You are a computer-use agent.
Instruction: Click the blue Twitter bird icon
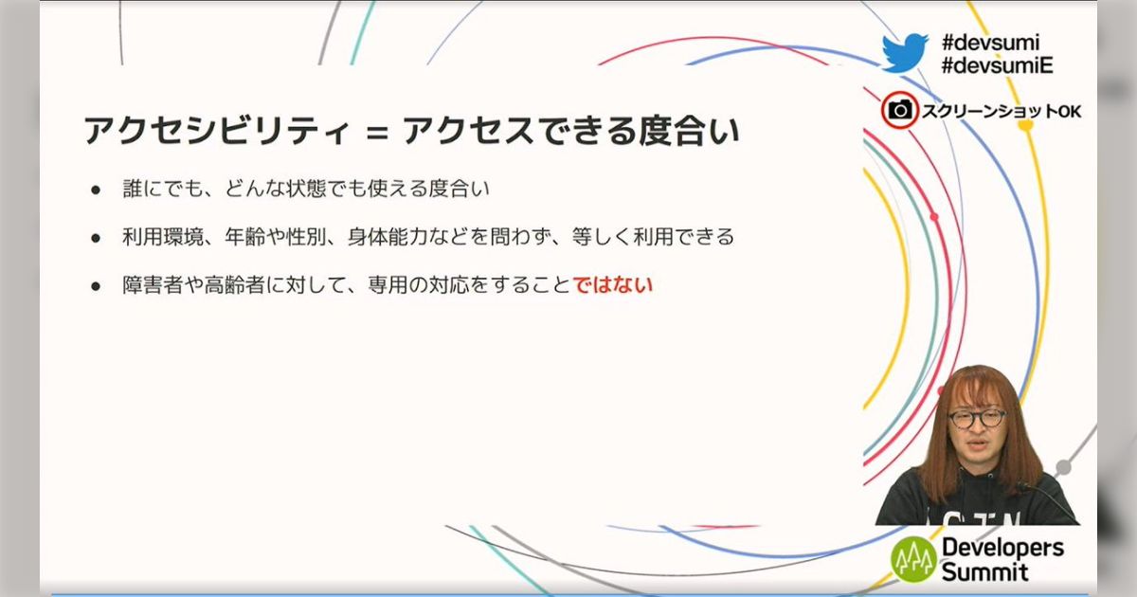(904, 53)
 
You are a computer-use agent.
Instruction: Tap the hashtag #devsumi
(990, 42)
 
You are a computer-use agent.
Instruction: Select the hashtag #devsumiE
(998, 65)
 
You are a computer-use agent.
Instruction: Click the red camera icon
(899, 111)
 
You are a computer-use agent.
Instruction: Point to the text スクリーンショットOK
(1002, 112)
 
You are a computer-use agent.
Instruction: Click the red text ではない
(614, 284)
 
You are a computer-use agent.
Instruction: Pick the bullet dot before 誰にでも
(96, 190)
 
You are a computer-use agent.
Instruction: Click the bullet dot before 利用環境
(96, 238)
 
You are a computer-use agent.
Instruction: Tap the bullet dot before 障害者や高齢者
(96, 285)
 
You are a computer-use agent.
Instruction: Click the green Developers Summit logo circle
(913, 559)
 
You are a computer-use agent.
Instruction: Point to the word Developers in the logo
(1002, 548)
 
